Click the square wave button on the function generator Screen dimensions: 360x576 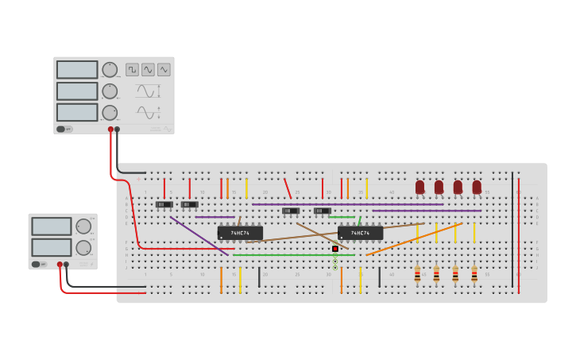[132, 70]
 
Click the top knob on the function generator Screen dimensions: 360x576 [110, 70]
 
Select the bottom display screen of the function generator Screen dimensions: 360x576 [77, 112]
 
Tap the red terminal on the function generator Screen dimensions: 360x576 [110, 129]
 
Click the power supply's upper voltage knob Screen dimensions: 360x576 [83, 226]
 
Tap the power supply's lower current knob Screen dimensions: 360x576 [83, 247]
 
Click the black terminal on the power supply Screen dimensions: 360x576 [66, 265]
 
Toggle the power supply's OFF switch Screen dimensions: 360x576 [37, 264]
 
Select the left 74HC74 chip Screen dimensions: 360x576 [240, 233]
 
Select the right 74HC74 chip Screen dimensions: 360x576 [360, 233]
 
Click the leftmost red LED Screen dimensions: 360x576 [419, 187]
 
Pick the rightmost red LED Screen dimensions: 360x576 [477, 187]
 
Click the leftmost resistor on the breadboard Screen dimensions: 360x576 [417, 274]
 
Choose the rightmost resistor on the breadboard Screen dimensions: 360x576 [474, 274]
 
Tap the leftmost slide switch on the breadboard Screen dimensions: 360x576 [164, 204]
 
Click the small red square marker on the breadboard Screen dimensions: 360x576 [335, 249]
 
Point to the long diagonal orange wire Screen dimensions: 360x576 [413, 239]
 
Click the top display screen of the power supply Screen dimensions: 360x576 [52, 226]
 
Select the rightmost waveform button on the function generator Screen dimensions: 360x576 [164, 70]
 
